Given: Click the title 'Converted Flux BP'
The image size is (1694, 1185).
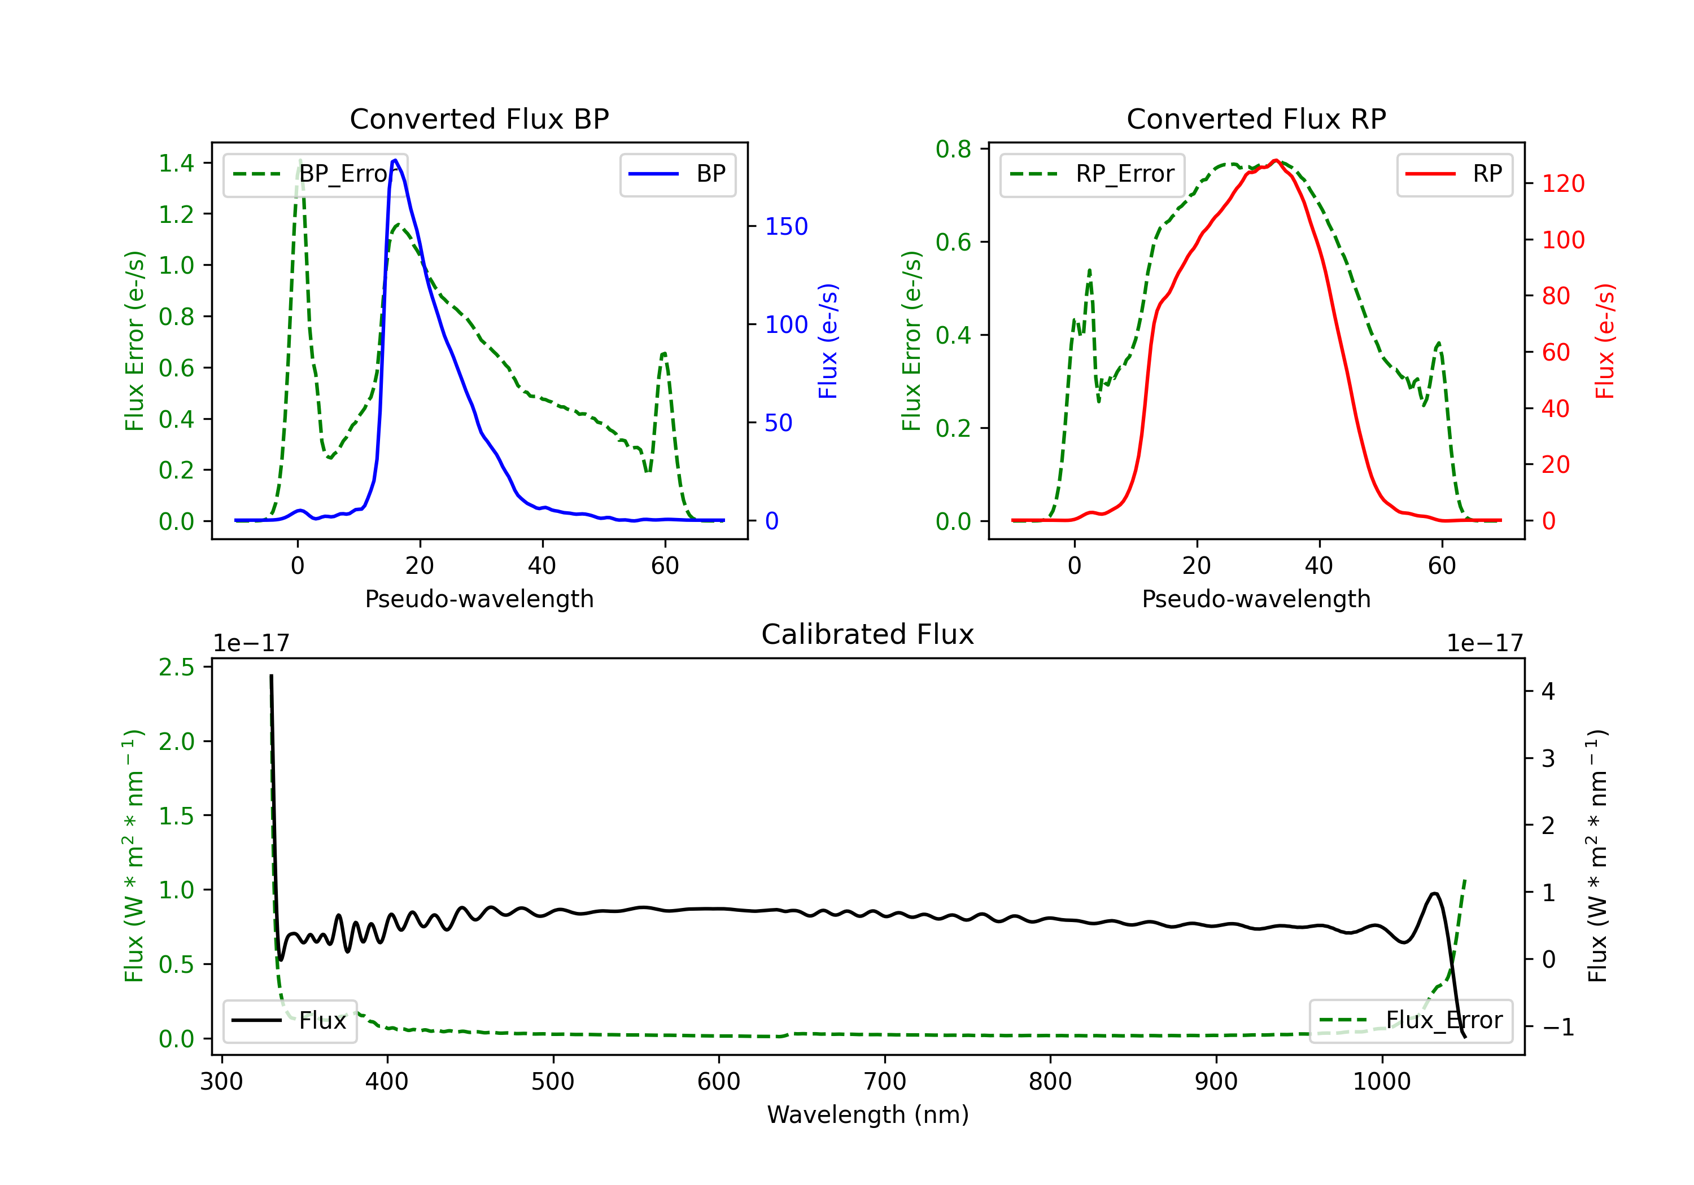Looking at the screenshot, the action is [479, 118].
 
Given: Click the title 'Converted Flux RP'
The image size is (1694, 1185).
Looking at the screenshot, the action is [1256, 118].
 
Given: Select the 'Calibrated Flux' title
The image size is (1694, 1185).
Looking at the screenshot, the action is [868, 634].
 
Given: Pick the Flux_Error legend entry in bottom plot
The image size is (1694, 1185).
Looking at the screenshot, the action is [1411, 1021].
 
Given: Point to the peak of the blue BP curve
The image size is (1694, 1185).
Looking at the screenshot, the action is [395, 160].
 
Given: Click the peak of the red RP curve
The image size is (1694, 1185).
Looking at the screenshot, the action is [1275, 160].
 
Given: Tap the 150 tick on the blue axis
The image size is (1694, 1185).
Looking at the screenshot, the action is [787, 226].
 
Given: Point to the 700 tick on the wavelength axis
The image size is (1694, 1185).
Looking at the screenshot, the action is [884, 1082].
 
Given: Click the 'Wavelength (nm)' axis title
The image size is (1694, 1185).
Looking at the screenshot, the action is [868, 1115].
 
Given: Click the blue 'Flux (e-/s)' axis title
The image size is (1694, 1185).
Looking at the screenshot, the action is [828, 341].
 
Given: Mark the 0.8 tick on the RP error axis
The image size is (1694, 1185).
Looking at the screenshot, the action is [953, 149].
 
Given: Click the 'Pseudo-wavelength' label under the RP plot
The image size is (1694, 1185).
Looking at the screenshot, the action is [1256, 599].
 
